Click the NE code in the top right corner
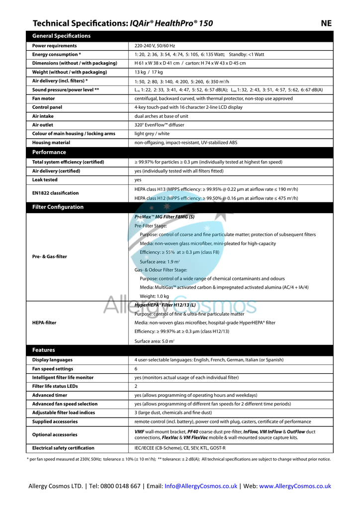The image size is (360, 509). [326, 23]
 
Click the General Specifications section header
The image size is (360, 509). [61, 36]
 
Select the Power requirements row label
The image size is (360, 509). [54, 46]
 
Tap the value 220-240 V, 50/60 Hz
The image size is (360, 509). [155, 46]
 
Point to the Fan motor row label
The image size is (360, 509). [43, 98]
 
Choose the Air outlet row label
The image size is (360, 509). [43, 125]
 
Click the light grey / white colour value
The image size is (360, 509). [152, 134]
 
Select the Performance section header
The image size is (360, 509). [49, 152]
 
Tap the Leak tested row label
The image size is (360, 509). [45, 180]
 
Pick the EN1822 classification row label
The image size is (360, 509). [55, 193]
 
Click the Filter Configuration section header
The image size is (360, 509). [58, 207]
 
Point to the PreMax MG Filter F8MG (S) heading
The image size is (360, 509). [164, 217]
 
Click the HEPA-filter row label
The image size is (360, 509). [44, 323]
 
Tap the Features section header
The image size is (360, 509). [43, 350]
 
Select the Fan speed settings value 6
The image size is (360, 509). [136, 369]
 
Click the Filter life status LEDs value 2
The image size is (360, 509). [136, 386]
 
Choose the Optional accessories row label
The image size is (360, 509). [55, 434]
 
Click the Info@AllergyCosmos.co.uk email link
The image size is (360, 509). [201, 486]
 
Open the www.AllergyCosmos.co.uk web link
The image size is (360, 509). [295, 486]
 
